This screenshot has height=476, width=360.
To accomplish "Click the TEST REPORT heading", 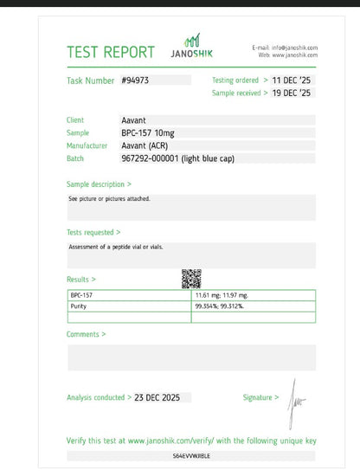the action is [111, 52].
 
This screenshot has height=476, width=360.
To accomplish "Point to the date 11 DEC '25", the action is [292, 80].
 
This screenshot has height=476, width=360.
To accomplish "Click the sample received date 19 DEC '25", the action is [292, 92].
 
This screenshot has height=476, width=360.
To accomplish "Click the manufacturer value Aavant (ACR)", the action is [145, 145].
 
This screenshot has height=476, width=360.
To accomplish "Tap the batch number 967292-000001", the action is [165, 158].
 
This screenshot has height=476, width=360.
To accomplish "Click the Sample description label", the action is [99, 184].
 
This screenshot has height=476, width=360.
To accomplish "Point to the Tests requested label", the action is [93, 232].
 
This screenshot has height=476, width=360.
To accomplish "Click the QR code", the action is [191, 279].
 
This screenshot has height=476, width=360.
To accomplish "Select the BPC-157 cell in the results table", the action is [81, 294].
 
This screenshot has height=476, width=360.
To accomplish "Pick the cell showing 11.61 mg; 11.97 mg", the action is [223, 294].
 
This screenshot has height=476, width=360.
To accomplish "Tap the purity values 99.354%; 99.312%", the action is [224, 306].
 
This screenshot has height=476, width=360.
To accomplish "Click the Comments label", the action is [86, 334].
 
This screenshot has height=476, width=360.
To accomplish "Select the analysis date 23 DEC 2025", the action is [162, 397].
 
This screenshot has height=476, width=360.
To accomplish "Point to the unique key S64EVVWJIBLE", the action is [191, 454].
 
